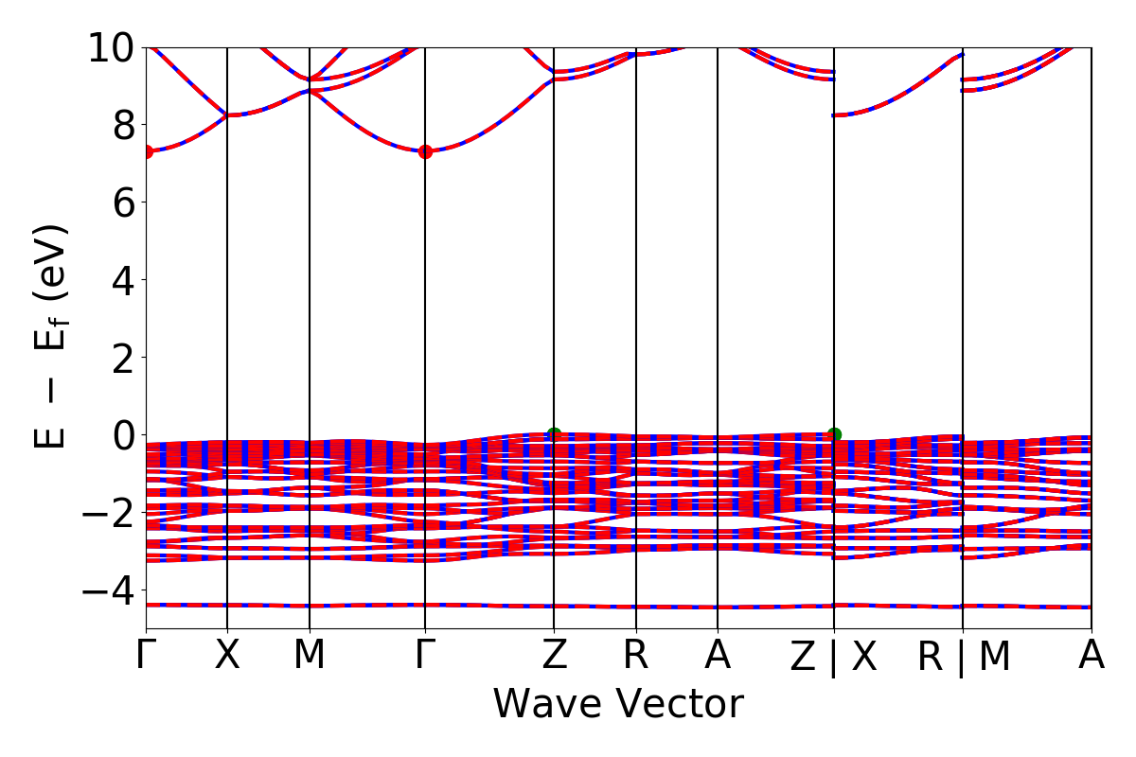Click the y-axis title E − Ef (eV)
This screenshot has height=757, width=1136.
[x=52, y=336]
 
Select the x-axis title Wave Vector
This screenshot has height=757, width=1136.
[x=618, y=705]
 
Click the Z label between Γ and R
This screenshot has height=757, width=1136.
[x=554, y=656]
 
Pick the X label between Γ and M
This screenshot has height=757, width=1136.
[x=227, y=656]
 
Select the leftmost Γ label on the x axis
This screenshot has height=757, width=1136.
[x=146, y=656]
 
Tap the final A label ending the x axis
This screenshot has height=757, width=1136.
[x=1092, y=656]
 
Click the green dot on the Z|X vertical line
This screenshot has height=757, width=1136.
[x=834, y=435]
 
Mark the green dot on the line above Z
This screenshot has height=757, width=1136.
[x=554, y=435]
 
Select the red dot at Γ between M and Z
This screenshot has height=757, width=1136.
[x=425, y=151]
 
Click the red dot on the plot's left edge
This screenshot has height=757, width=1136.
[x=147, y=151]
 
